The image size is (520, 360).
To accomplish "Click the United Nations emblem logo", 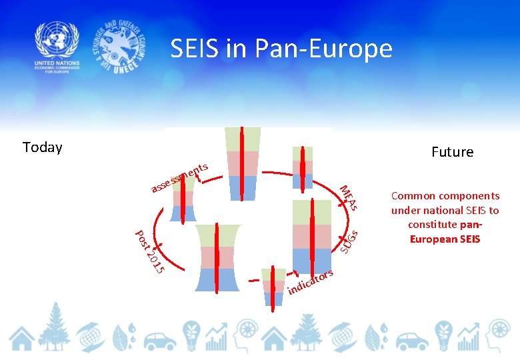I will [x=57, y=40].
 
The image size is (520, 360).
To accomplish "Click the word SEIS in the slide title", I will [x=193, y=49].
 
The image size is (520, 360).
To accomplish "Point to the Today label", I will [x=42, y=147].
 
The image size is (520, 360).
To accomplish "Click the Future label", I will [x=452, y=152].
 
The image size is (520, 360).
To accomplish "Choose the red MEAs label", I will [x=349, y=197].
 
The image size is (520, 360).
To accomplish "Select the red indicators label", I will [x=310, y=282].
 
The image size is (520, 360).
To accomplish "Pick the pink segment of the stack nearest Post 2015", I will [x=217, y=257].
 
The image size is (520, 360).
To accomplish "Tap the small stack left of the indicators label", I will [x=273, y=287].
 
